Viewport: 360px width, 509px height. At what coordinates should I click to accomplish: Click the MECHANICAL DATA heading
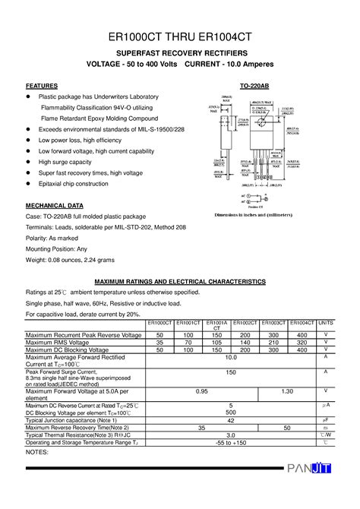pos(55,206)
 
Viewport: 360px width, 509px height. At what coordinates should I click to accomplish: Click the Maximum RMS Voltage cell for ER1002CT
pos(245,343)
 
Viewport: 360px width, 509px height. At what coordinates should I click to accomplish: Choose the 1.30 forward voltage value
pos(288,391)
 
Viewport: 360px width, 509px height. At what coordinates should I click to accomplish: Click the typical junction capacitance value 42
pos(230,419)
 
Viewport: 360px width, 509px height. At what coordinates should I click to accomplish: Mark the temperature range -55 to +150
pos(230,442)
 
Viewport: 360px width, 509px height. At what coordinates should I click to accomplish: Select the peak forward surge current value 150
pos(230,372)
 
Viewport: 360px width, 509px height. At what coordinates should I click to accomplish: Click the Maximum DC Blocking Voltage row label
pos(75,350)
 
